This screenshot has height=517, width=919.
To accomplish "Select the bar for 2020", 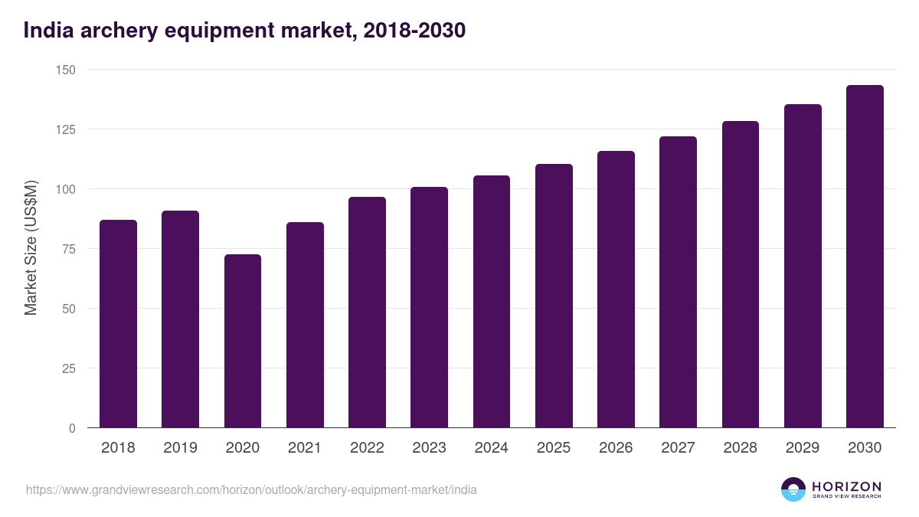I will [243, 341].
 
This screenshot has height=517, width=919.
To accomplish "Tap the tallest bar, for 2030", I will [865, 257].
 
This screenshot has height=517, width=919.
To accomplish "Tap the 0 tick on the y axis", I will [72, 428].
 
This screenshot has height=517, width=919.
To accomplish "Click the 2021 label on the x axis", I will [305, 448].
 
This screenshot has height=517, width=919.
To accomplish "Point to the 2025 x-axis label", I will [554, 448].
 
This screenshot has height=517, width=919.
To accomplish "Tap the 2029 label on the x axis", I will [803, 448].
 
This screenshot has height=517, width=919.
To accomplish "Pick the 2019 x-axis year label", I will [180, 448].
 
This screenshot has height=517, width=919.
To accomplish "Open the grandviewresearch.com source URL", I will [251, 489].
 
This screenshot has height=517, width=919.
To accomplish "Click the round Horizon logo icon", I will [793, 489].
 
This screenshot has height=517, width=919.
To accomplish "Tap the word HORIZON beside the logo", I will [846, 486].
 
